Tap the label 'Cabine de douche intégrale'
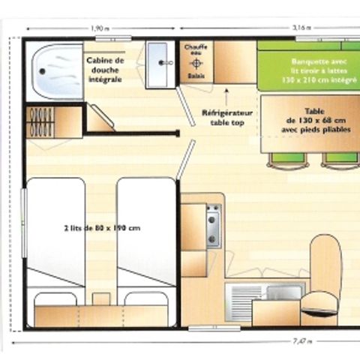tap(104, 69)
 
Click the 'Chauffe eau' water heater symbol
tap(196, 62)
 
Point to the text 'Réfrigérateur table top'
tap(227, 117)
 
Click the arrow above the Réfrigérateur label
tap(227, 97)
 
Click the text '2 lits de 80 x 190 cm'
tap(103, 228)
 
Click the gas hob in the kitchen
tap(214, 225)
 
